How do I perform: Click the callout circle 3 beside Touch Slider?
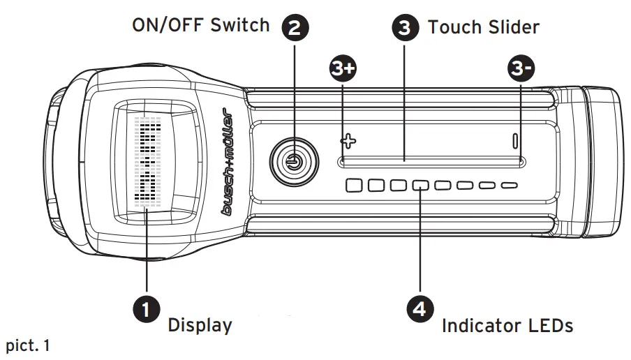[x=405, y=28]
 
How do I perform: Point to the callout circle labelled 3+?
[x=343, y=68]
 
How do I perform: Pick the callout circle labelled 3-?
[x=521, y=68]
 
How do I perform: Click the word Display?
[x=200, y=325]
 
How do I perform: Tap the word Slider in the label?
[x=511, y=27]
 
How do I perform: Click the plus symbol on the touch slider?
[x=348, y=140]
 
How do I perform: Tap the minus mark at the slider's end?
[x=515, y=140]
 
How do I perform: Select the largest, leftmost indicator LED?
[x=355, y=186]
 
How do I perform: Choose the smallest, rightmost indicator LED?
[x=510, y=186]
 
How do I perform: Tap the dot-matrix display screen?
[x=147, y=165]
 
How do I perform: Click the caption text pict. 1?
[x=28, y=345]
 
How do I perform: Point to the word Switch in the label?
[x=242, y=25]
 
